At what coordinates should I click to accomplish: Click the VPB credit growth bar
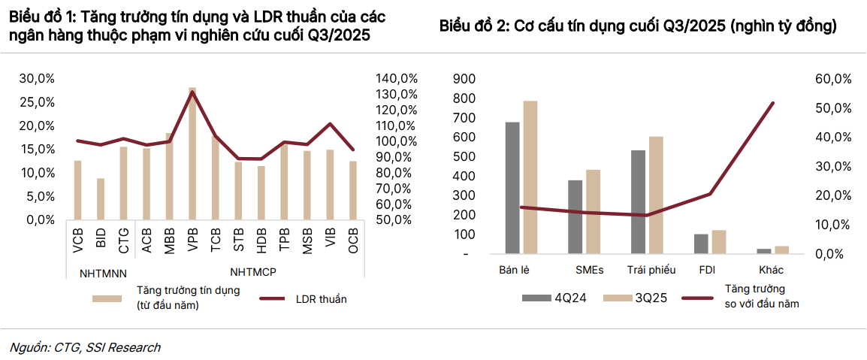[192, 154]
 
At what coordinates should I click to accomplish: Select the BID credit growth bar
[101, 199]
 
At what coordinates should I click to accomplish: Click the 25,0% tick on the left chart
[36, 102]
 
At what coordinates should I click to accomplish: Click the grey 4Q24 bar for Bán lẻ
[512, 188]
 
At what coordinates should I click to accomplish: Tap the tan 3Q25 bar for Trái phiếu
[656, 195]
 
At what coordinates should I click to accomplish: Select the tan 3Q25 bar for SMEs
[594, 212]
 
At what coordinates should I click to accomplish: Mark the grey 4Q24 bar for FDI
[701, 244]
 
